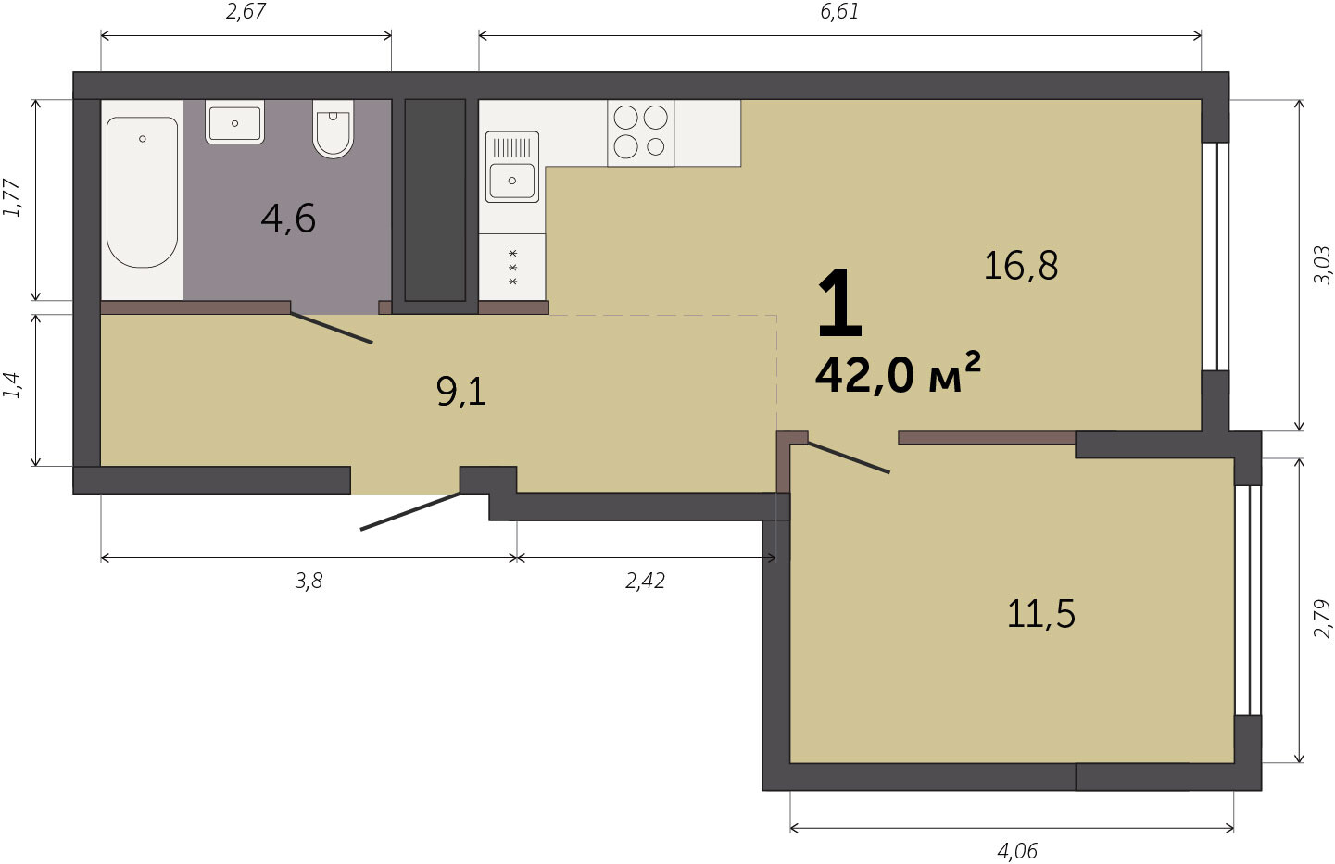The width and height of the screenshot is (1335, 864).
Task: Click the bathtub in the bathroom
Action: [142, 192]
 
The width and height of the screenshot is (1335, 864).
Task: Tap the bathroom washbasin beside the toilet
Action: [234, 122]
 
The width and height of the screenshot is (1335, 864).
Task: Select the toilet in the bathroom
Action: [333, 129]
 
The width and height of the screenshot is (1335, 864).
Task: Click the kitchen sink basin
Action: [512, 168]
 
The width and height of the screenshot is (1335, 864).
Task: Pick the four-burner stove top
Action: [641, 132]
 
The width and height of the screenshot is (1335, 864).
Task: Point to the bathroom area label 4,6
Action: [288, 219]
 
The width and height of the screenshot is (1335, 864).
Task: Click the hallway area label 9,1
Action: [461, 392]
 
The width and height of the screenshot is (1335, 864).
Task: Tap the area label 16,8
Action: [1021, 266]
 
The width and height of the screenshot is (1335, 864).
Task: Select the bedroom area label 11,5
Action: [1041, 614]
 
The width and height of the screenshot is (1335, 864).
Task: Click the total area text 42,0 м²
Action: [898, 375]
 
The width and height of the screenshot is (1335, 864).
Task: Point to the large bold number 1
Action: [839, 303]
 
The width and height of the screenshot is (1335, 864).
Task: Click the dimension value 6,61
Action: [839, 11]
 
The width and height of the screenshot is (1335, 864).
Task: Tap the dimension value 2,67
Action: [246, 11]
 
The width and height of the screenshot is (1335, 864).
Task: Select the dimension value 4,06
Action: [1017, 851]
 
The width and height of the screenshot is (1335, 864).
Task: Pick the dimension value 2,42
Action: [645, 581]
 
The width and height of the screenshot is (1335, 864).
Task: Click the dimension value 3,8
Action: [309, 581]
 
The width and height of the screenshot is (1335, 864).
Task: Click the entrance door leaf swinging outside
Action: [410, 511]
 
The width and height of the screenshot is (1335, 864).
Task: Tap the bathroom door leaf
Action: [332, 328]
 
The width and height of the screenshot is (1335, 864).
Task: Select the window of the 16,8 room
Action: [1215, 257]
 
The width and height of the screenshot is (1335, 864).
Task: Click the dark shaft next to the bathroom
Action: [435, 200]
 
